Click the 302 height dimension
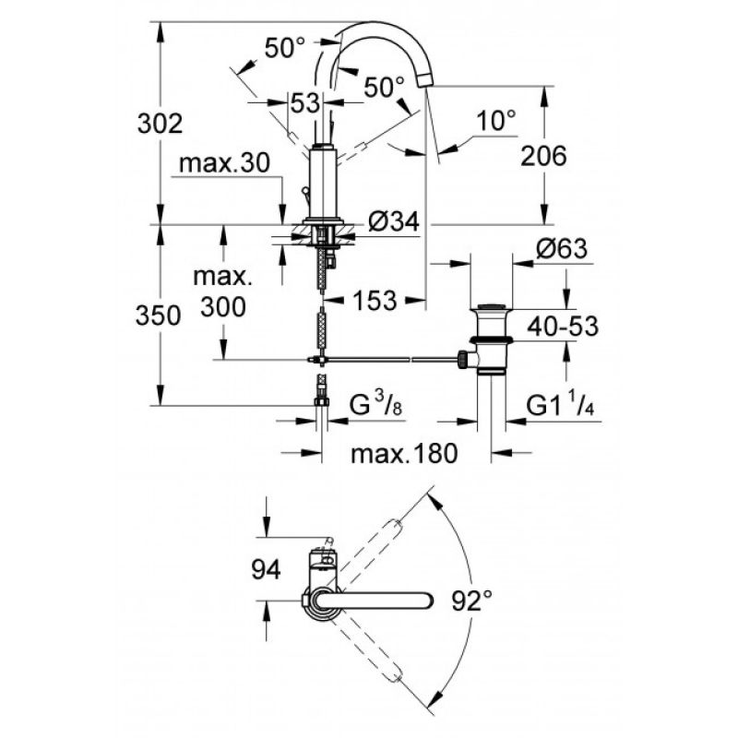[x=160, y=125]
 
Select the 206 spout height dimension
[x=543, y=156]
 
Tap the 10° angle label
[x=496, y=121]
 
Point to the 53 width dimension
[x=305, y=102]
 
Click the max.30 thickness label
[x=224, y=163]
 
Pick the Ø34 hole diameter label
[x=394, y=221]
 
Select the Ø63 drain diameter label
[x=562, y=248]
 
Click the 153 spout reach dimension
[x=375, y=301]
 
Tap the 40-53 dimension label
[x=563, y=327]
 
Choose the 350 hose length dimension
[x=158, y=315]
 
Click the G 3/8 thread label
[x=376, y=406]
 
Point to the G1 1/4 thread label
[x=560, y=406]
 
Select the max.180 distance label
[x=404, y=454]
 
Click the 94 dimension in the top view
[x=266, y=569]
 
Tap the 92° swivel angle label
[x=472, y=601]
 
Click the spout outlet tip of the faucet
[x=426, y=81]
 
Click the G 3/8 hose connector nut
[x=321, y=401]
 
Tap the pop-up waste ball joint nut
[x=464, y=360]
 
